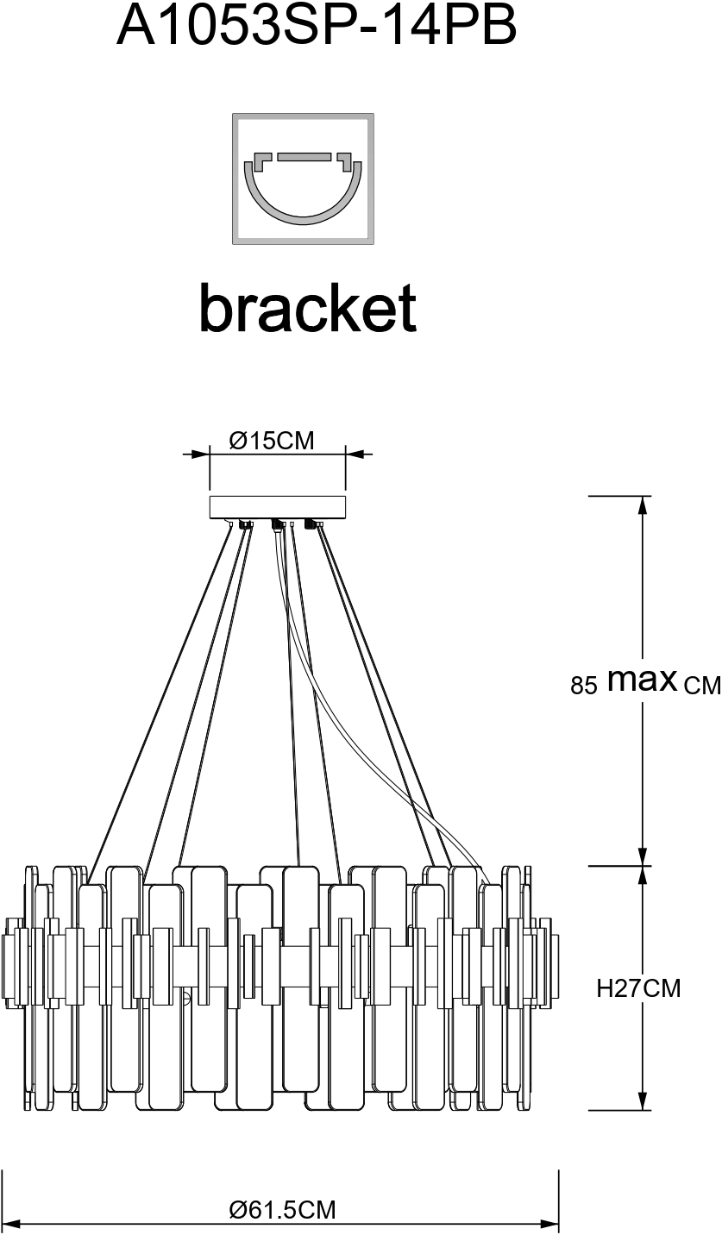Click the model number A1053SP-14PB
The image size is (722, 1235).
click(317, 26)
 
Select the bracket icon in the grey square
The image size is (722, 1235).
click(303, 179)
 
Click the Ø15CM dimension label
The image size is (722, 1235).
click(272, 441)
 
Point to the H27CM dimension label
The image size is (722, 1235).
click(638, 988)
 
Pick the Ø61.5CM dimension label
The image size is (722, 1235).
click(282, 1210)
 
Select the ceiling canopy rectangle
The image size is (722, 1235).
click(277, 507)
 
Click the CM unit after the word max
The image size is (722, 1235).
click(700, 686)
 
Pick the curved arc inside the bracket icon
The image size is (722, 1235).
click(303, 204)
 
